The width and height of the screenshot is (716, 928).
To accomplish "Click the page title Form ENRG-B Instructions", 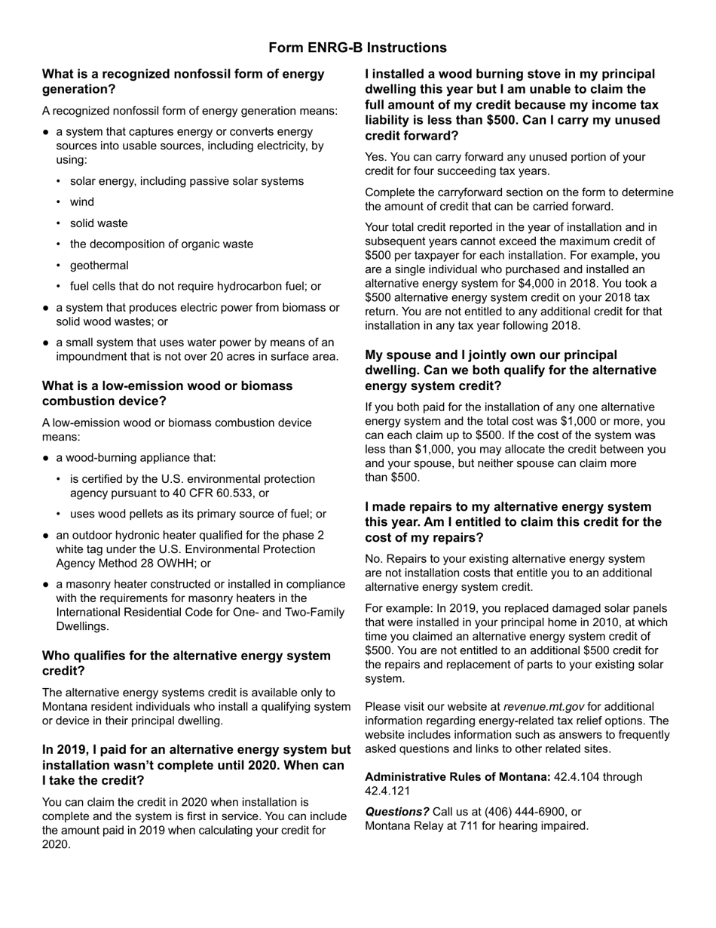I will (357, 48).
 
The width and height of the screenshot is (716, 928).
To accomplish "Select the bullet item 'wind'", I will (82, 202).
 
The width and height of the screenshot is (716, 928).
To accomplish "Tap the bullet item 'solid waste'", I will (99, 223).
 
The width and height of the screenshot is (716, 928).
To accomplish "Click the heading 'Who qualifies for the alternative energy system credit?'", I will (186, 663).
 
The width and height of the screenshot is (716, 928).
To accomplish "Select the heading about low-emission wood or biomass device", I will (167, 393).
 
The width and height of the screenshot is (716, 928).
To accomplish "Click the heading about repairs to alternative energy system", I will (513, 522).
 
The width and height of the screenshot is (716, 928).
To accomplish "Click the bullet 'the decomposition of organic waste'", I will (161, 244).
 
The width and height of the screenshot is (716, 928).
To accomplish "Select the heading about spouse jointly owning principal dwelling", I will (510, 370).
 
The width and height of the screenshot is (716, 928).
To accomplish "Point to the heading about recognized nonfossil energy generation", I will (183, 81).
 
